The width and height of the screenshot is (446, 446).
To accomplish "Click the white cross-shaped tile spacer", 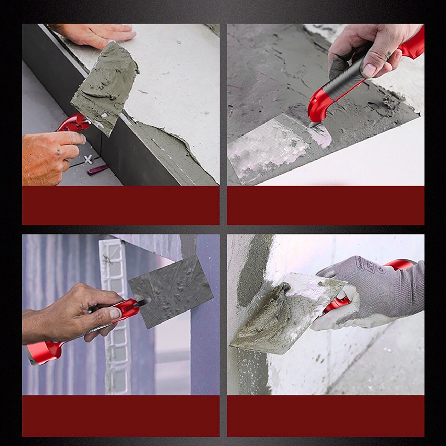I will pos(89,159).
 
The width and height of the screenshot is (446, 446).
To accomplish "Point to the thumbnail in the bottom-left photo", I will pos(114,314).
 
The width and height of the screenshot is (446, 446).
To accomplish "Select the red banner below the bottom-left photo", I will pos(120,416).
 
